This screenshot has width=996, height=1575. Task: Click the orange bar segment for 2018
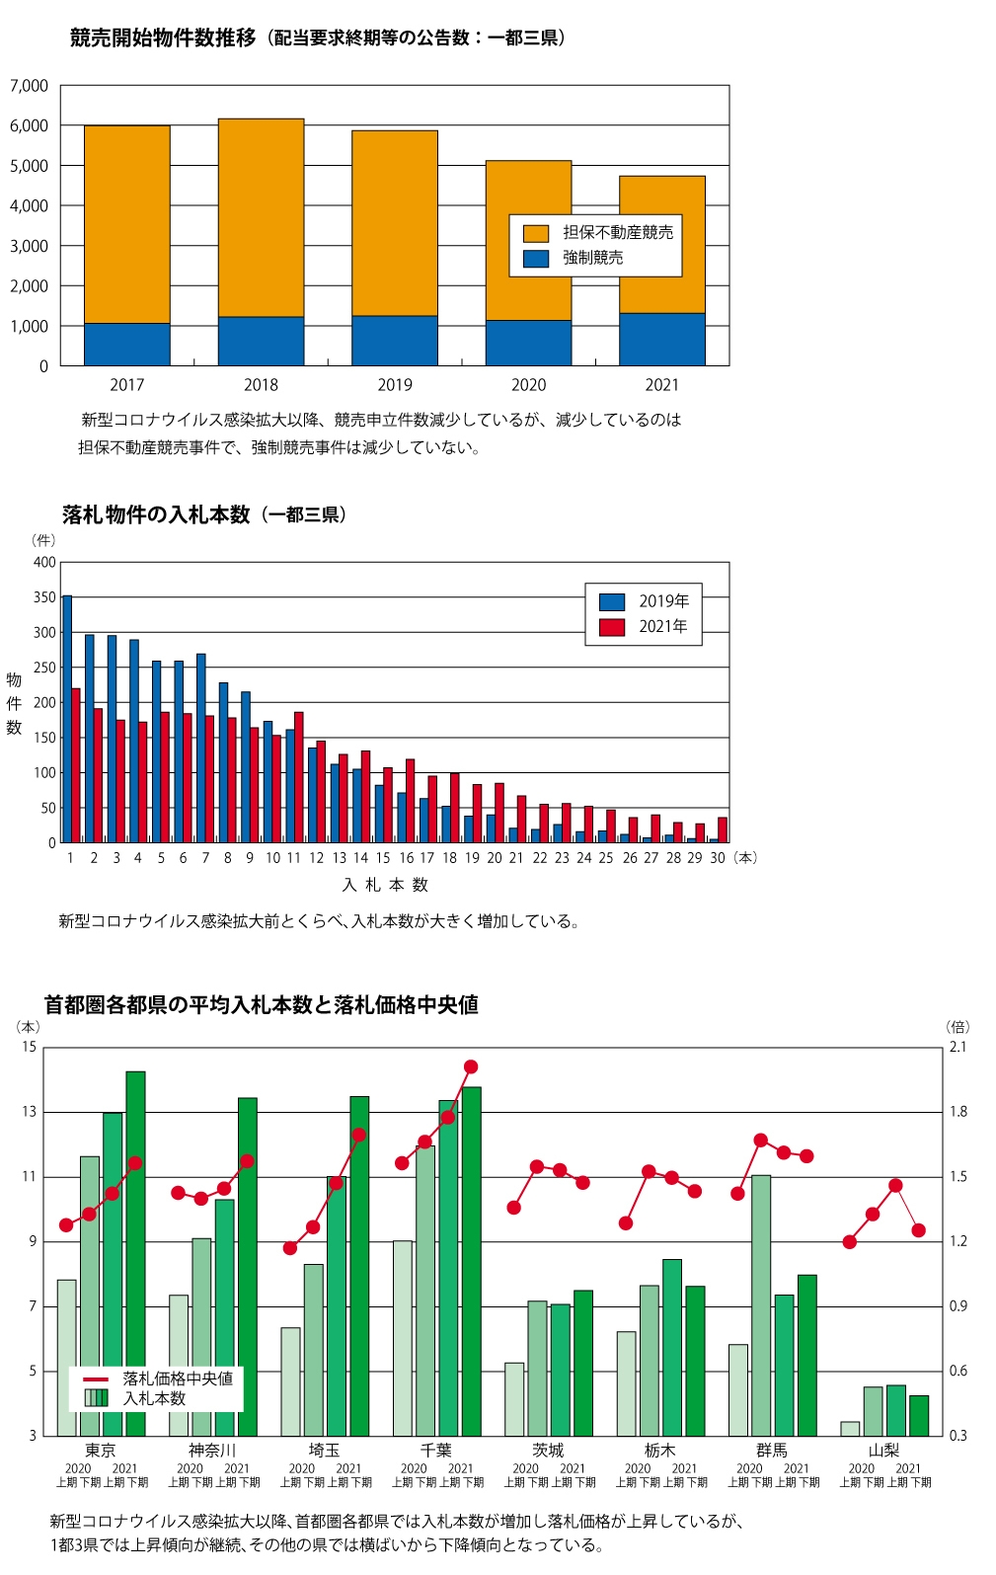(261, 217)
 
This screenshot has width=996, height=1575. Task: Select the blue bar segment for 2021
(661, 339)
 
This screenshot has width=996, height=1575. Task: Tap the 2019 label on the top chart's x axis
(395, 385)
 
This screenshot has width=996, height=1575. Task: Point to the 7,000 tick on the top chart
(29, 86)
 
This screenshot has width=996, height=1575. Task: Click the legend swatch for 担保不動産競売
(536, 233)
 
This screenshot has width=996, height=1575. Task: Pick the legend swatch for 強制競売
(536, 259)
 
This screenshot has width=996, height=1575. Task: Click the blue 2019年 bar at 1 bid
(67, 719)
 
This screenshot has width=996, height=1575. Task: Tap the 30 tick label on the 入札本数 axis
(718, 858)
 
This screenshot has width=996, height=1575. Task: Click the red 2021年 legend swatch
(612, 627)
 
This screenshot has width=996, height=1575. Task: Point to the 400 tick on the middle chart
(44, 563)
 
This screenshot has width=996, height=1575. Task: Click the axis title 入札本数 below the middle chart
(385, 885)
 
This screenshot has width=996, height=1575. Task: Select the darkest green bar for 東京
(135, 1253)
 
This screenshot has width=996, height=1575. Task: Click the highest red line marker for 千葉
(471, 1066)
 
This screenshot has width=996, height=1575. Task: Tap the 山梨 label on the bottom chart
(883, 1450)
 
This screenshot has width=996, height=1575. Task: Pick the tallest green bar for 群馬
(761, 1304)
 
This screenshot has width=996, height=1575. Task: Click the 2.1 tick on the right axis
(958, 1047)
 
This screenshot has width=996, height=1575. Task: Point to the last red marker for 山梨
(919, 1230)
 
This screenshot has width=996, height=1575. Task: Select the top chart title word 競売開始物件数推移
(163, 39)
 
